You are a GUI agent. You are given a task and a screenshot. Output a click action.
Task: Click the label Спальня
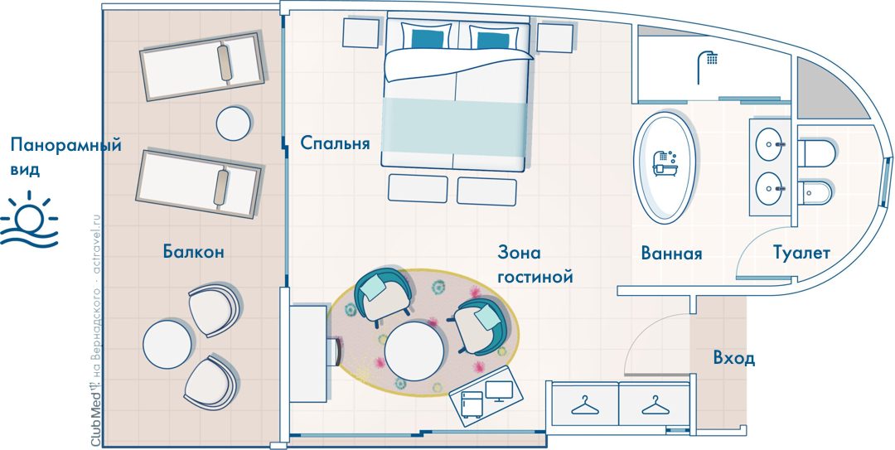coord(335,143)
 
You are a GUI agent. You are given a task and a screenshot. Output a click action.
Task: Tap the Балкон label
coord(193,251)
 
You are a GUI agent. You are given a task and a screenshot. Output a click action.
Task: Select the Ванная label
coord(671,253)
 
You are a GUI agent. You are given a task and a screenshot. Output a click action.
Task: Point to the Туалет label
coord(801,253)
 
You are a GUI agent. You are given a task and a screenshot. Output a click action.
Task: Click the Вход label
coord(734,358)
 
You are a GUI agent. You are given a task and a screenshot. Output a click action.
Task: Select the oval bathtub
coord(665,167)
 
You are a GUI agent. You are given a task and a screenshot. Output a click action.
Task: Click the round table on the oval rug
coord(414,351)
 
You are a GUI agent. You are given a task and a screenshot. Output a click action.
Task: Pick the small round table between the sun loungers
coord(234,123)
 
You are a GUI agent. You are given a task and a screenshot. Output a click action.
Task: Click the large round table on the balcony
coord(167,344)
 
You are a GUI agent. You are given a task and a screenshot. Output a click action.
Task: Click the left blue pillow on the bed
coord(428,39)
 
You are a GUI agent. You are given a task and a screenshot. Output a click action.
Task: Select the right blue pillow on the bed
coord(493,40)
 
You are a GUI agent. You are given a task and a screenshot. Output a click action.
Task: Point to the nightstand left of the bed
coord(362,32)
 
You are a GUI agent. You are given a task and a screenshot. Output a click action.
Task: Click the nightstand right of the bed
coord(554,37)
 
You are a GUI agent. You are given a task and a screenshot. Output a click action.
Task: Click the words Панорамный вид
coord(66,157)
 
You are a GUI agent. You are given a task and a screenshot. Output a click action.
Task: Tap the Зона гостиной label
coord(535,264)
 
